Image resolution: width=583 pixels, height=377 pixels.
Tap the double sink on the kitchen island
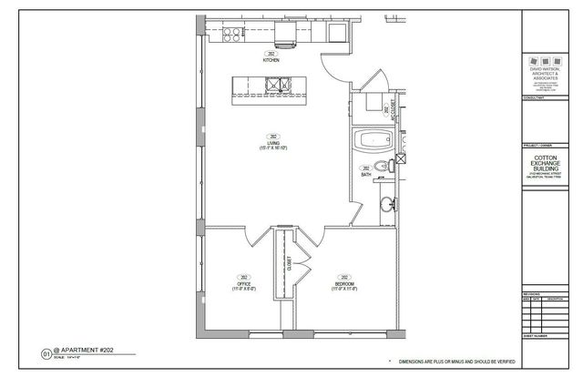[275, 87]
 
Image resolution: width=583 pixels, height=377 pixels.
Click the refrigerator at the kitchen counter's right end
[336, 35]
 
